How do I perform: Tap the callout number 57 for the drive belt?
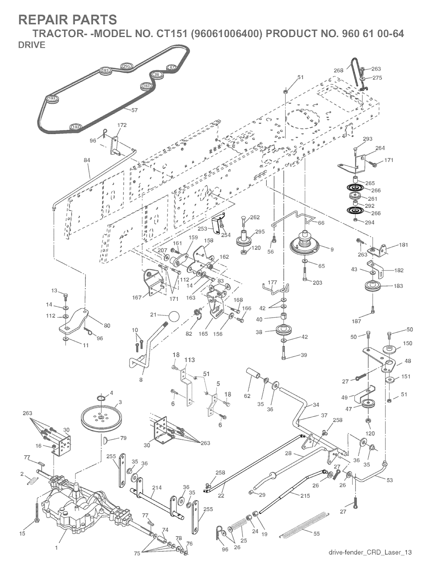tap(135, 111)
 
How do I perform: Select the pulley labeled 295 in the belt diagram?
tap(127, 66)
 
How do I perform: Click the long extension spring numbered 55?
tap(304, 523)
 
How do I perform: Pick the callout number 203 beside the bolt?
tap(318, 282)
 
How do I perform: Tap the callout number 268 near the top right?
tap(338, 71)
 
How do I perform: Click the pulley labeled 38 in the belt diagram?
tap(157, 75)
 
